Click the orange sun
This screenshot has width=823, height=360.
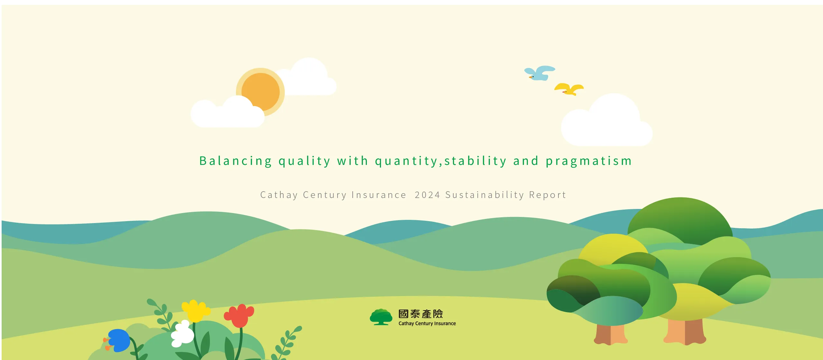click(260, 91)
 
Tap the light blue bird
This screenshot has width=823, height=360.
click(540, 73)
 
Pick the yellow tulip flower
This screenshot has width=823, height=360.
click(195, 310)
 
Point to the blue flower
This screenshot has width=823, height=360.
click(119, 340)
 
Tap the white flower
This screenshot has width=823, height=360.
click(182, 334)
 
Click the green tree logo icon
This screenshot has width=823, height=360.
click(381, 317)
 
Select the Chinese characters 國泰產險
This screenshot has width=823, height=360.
click(421, 314)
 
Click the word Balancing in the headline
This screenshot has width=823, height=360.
click(236, 161)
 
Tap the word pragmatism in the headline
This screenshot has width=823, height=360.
click(589, 161)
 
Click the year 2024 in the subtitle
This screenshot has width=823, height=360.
click(427, 195)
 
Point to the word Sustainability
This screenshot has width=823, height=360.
click(484, 195)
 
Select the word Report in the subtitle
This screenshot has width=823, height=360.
click(547, 195)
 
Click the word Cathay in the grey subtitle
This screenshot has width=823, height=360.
click(279, 195)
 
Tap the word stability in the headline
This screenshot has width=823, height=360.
click(475, 161)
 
